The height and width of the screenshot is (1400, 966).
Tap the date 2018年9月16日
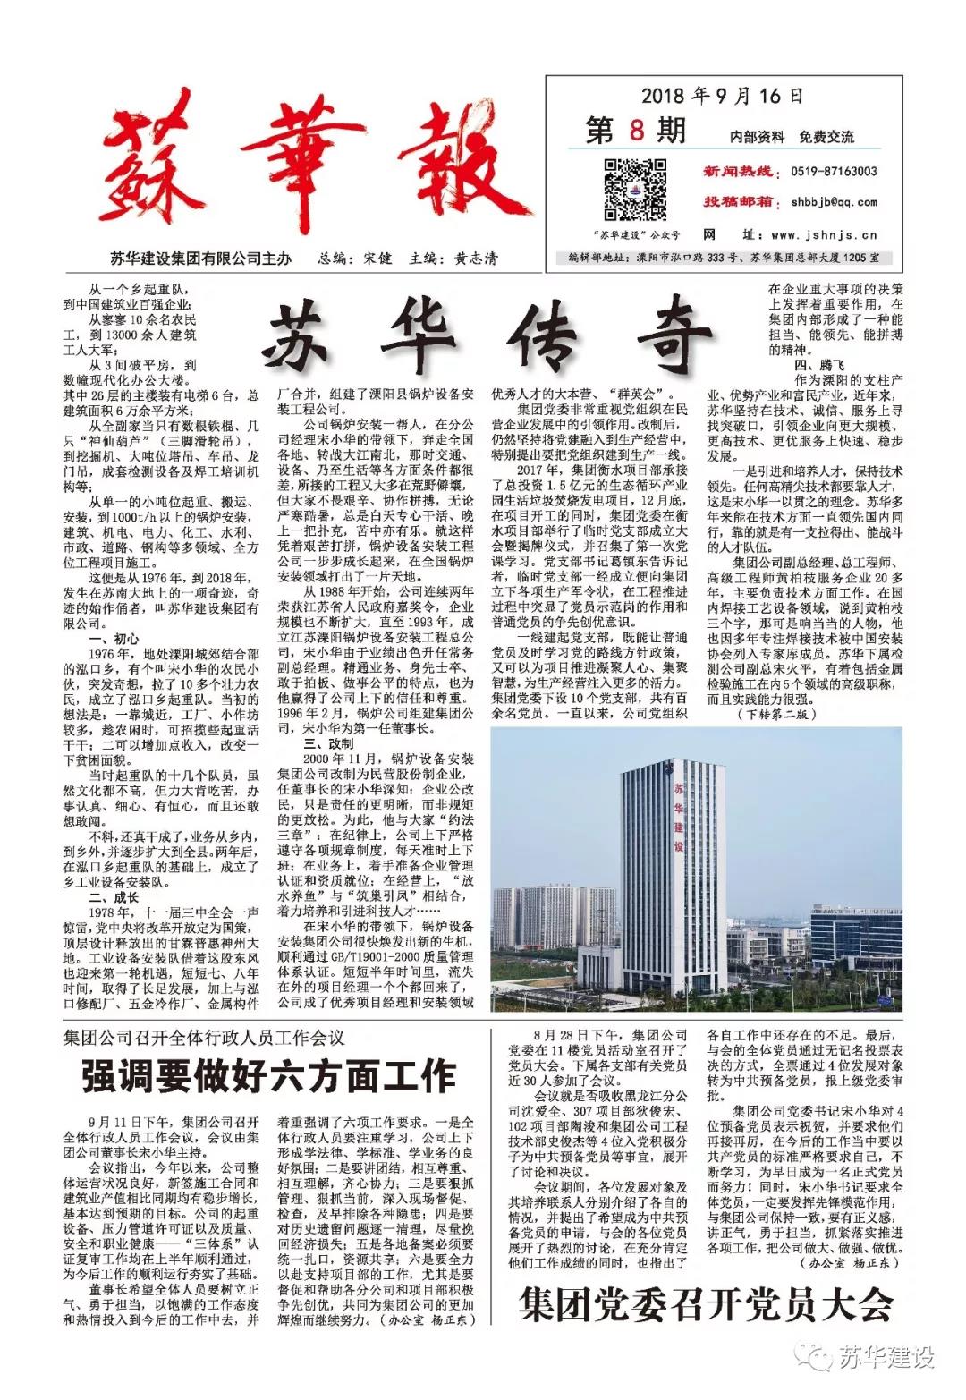[722, 96]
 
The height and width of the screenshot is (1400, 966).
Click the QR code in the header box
[634, 189]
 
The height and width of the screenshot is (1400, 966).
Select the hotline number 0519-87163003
[834, 172]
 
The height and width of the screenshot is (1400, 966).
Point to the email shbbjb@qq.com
[834, 202]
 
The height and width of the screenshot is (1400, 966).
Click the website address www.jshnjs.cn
[823, 235]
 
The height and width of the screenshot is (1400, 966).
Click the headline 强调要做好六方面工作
[268, 1074]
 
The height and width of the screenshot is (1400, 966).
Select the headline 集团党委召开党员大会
[706, 1305]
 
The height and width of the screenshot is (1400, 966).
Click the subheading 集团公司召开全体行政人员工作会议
[204, 1038]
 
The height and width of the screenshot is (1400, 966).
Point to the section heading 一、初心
[114, 639]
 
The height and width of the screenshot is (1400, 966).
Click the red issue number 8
[636, 131]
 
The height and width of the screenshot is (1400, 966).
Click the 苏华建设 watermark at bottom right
[872, 1357]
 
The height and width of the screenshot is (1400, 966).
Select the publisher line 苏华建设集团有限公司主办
[200, 259]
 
